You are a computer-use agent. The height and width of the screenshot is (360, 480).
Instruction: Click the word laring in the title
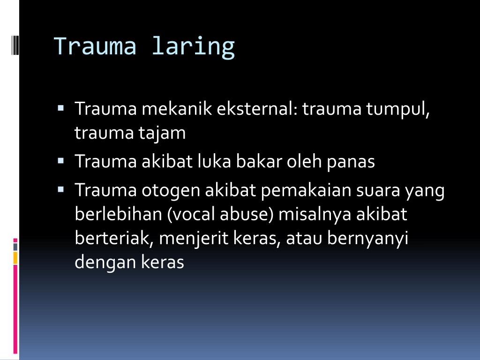[x=193, y=47]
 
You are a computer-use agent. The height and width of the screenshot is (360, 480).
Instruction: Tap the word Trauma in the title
[x=95, y=46]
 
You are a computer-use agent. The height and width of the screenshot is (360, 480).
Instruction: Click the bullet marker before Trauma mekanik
[x=61, y=107]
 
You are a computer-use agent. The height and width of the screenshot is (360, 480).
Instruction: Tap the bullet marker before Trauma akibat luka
[x=61, y=160]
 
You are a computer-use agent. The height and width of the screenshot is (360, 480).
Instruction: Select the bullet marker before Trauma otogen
[x=61, y=189]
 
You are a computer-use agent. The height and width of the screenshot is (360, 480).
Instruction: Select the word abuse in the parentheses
[x=249, y=215]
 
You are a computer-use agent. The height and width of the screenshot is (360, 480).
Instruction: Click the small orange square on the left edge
[x=15, y=257]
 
